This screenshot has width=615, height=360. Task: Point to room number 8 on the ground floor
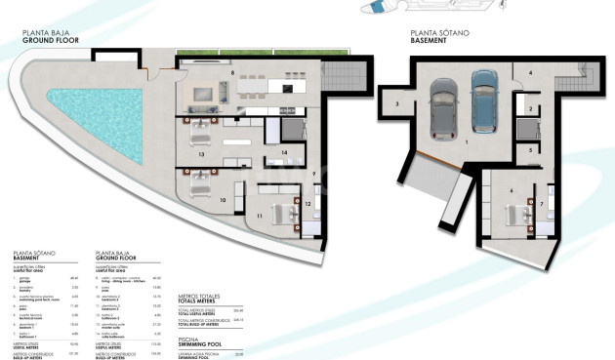(x=232, y=73)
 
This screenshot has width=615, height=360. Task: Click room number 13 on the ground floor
(x=200, y=154)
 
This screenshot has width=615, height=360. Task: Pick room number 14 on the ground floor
(x=284, y=153)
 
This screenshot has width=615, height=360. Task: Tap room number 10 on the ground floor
(x=224, y=199)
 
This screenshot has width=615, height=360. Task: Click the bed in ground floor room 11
(x=283, y=212)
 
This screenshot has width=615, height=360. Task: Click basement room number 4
(x=530, y=73)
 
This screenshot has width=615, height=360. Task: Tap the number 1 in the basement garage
(x=467, y=142)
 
